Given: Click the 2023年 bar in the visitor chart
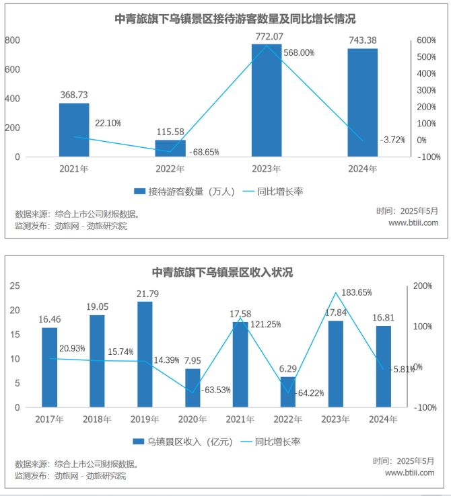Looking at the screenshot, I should (267, 101).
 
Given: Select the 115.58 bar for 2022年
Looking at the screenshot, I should (170, 148).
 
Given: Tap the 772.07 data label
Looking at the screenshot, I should (267, 36).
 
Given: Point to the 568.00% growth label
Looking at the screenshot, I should (299, 53).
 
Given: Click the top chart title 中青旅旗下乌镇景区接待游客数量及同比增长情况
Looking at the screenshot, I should (225, 19).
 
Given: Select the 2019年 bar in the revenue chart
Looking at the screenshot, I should (145, 354).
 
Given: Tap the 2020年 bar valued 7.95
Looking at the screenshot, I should (193, 388).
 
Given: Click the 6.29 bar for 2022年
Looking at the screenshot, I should (288, 392).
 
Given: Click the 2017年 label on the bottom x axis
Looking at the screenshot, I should (50, 419).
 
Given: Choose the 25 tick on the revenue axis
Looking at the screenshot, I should (14, 286).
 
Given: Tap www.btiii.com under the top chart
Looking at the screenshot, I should (413, 223).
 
